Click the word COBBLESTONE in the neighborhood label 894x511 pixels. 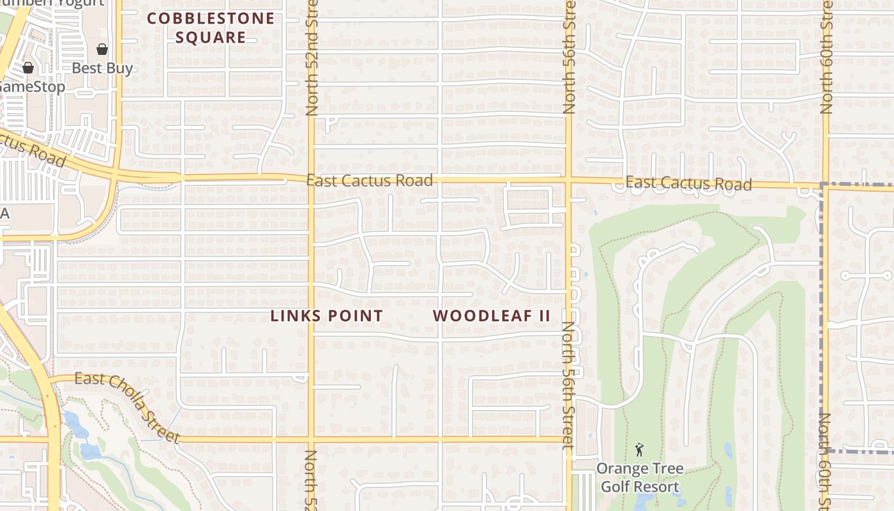(211, 19)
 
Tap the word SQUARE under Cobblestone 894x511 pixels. (211, 37)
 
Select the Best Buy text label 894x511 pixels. (102, 68)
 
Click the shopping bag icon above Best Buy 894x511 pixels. (102, 49)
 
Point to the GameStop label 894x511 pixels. (32, 87)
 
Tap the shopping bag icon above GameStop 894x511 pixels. (28, 67)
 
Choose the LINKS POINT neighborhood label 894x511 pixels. (326, 316)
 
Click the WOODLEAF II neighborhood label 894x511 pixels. (491, 316)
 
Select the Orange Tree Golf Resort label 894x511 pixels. (639, 478)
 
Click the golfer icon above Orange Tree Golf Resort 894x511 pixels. (639, 450)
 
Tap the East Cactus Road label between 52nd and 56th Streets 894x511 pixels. (369, 181)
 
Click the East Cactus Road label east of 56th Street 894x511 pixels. (688, 184)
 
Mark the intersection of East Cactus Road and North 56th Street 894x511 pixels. (568, 181)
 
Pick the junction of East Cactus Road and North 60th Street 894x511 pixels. (825, 186)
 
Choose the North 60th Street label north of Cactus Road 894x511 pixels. (827, 57)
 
